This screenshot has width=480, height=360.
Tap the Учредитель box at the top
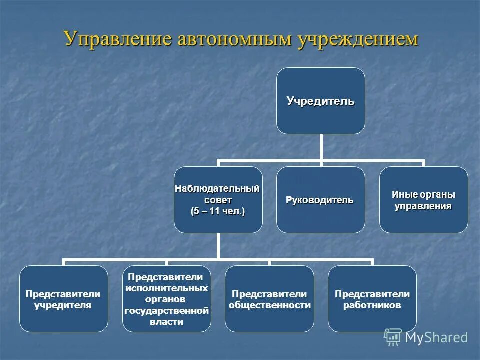(x=320, y=101)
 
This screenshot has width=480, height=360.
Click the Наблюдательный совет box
(x=218, y=200)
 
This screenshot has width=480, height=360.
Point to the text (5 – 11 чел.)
(x=218, y=211)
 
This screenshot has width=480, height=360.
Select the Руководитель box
(x=320, y=200)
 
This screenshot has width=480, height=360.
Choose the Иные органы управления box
(x=423, y=200)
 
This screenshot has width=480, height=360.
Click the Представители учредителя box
(x=63, y=299)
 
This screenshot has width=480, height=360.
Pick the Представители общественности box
(x=269, y=299)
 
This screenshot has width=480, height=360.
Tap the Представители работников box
(x=372, y=299)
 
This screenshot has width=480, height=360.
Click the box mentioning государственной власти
(x=166, y=299)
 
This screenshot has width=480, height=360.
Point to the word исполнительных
(x=166, y=288)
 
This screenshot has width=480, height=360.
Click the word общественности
(x=269, y=305)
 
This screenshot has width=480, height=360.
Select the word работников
(x=372, y=305)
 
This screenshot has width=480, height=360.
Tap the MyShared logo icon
(x=393, y=337)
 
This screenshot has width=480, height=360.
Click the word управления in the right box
(x=423, y=206)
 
